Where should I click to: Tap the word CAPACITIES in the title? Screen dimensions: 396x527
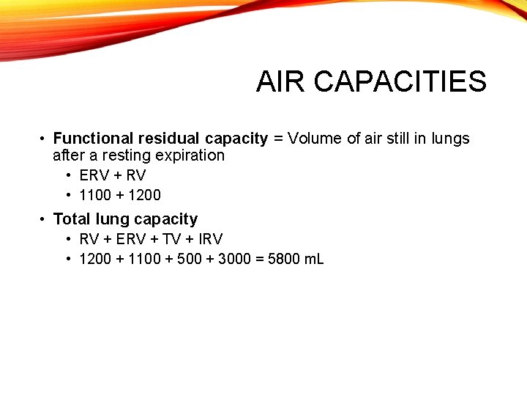(400, 82)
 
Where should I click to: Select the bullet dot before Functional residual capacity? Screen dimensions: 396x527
(44, 139)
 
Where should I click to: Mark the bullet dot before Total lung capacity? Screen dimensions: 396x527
(44, 219)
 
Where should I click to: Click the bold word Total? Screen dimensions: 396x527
(72, 219)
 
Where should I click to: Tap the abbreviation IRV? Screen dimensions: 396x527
(210, 239)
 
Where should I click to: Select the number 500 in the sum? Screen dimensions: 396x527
(190, 259)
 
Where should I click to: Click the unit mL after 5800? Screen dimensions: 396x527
(314, 259)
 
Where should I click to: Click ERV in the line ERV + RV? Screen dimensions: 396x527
(94, 175)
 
